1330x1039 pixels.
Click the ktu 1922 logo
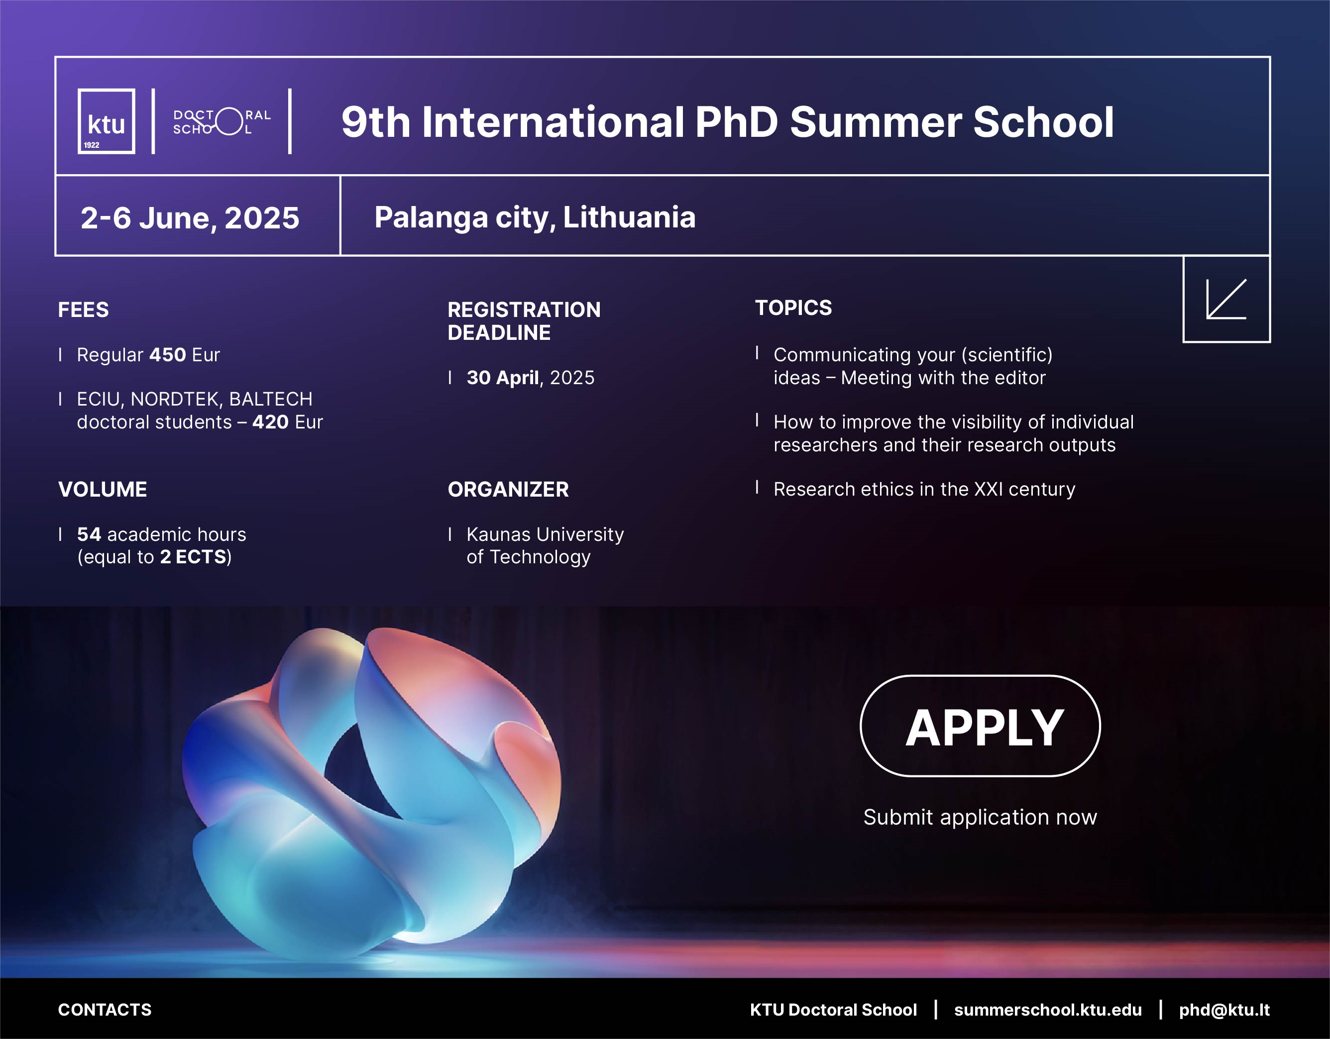coord(107,121)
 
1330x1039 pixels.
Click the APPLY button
coord(980,726)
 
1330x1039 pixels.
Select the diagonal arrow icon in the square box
coord(1225,300)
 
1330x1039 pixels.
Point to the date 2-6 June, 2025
coord(190,217)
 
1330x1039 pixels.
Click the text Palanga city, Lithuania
coord(535,217)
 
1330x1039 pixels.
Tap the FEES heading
coord(84,310)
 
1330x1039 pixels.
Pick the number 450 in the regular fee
coord(167,354)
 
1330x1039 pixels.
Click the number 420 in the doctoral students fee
coord(270,422)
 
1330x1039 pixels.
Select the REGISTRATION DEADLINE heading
coord(524,321)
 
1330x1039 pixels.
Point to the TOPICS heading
coord(793,308)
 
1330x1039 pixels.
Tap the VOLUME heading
coord(103,489)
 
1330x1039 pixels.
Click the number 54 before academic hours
coord(89,534)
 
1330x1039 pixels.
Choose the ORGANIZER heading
coord(508,489)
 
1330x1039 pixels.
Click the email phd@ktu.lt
coord(1224,1010)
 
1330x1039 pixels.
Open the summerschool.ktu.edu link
coord(1047,1010)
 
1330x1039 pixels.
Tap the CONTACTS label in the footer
coord(105,1010)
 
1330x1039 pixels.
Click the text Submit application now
coord(980,817)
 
